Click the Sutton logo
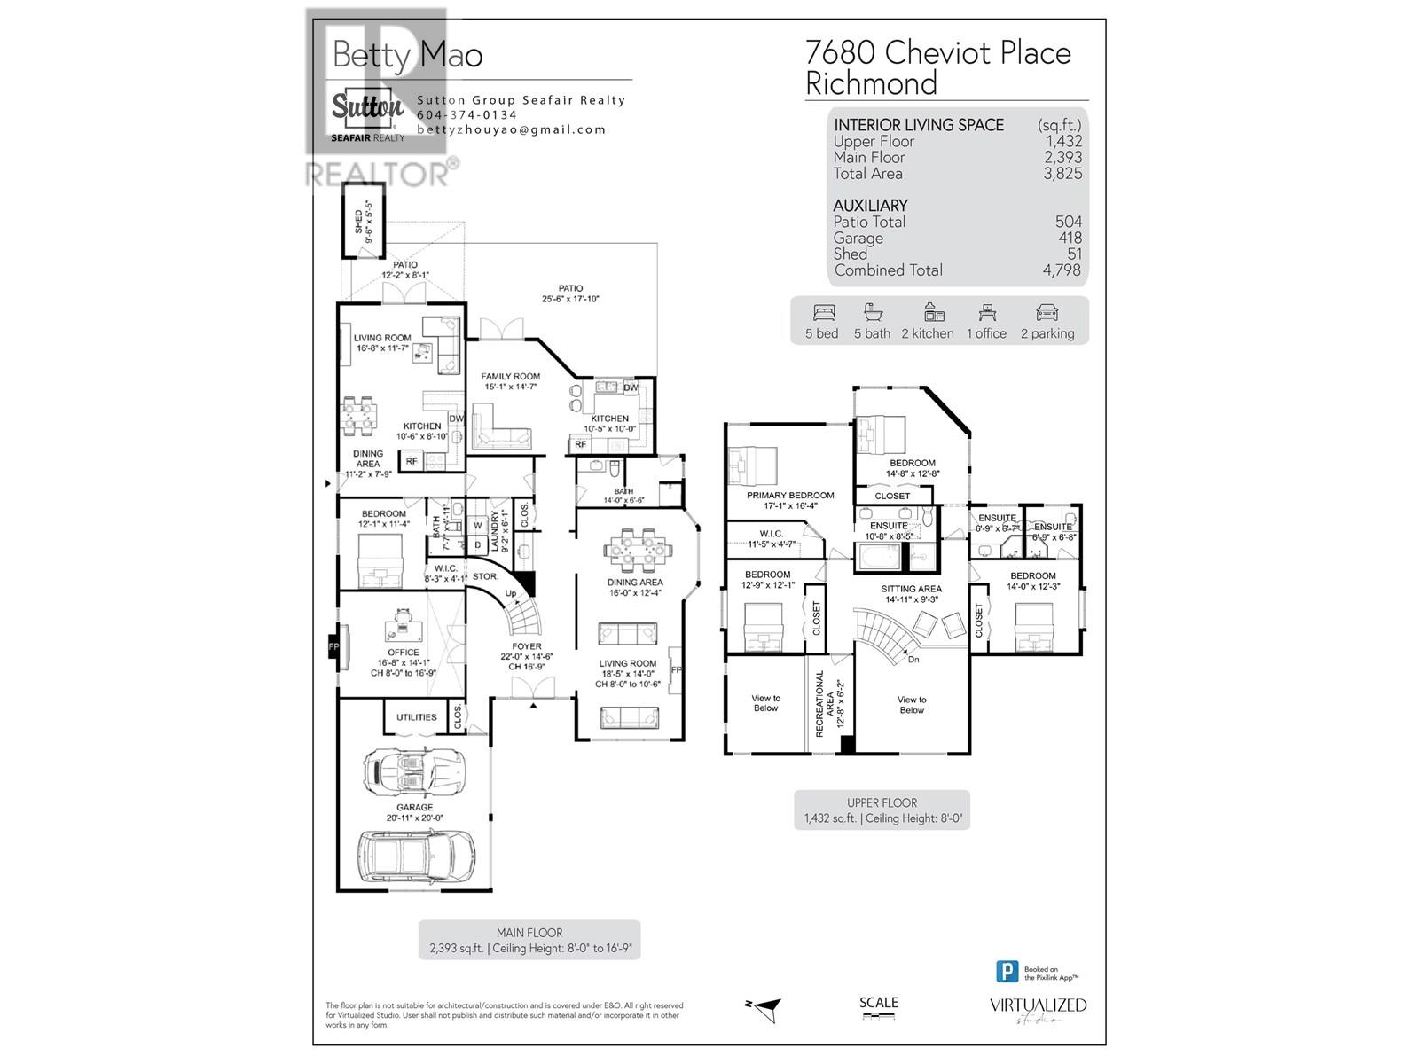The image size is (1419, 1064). point(367,110)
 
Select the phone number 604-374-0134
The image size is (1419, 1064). point(466,115)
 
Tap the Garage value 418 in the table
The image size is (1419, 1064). point(1070,238)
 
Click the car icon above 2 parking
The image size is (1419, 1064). point(1047,313)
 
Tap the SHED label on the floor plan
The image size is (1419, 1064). point(358,221)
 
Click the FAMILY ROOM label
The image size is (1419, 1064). point(510,376)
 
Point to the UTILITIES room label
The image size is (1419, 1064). point(416,717)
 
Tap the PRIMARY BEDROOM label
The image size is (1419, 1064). point(789,496)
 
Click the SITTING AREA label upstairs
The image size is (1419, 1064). point(911,589)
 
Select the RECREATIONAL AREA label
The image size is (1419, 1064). point(819,703)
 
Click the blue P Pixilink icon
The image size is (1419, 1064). point(1007,972)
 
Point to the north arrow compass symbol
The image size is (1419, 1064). point(764,1005)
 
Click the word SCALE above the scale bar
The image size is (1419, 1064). point(878,1003)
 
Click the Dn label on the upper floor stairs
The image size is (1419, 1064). point(913,659)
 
